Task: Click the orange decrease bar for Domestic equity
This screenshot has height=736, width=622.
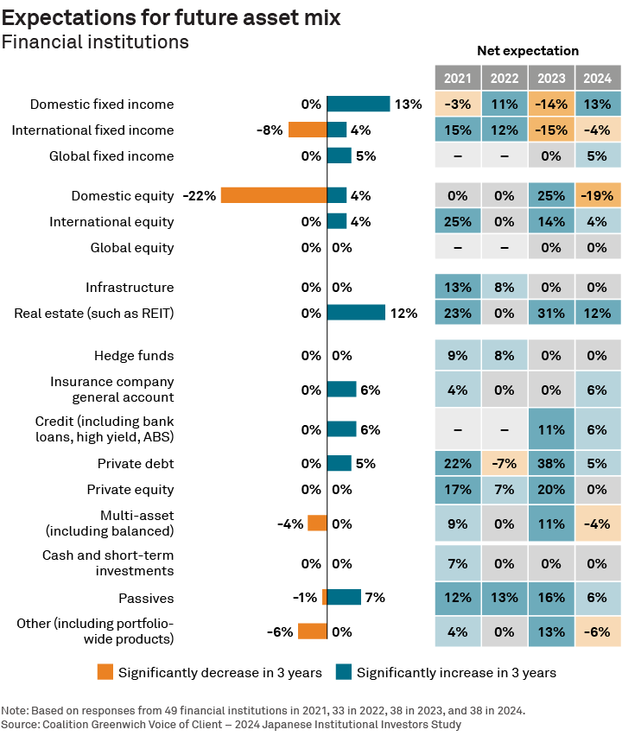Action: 274,195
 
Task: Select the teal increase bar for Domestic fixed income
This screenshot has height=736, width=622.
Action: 359,104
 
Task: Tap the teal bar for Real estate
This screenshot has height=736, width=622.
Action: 356,313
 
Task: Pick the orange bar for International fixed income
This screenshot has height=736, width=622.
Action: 307,130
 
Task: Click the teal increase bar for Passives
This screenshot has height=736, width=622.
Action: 344,597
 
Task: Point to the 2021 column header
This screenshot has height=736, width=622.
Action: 457,79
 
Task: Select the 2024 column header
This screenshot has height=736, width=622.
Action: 598,79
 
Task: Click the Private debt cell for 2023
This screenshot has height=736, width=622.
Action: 551,463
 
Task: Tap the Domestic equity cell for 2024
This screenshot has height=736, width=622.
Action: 598,195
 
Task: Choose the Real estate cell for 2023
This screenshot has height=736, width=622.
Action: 551,313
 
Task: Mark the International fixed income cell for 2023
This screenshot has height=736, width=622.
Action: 551,130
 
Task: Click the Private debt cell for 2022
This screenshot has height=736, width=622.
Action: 505,463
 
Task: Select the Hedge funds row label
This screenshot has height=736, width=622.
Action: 134,355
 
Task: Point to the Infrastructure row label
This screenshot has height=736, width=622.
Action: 130,287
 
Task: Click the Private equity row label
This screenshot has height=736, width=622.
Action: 130,489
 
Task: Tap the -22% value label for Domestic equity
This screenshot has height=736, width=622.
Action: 199,195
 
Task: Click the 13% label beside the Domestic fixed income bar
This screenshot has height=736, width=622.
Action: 408,104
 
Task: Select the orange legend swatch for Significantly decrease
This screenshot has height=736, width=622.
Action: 105,672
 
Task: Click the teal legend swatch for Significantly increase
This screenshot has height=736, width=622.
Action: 343,672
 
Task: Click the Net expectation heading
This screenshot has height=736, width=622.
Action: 528,51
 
